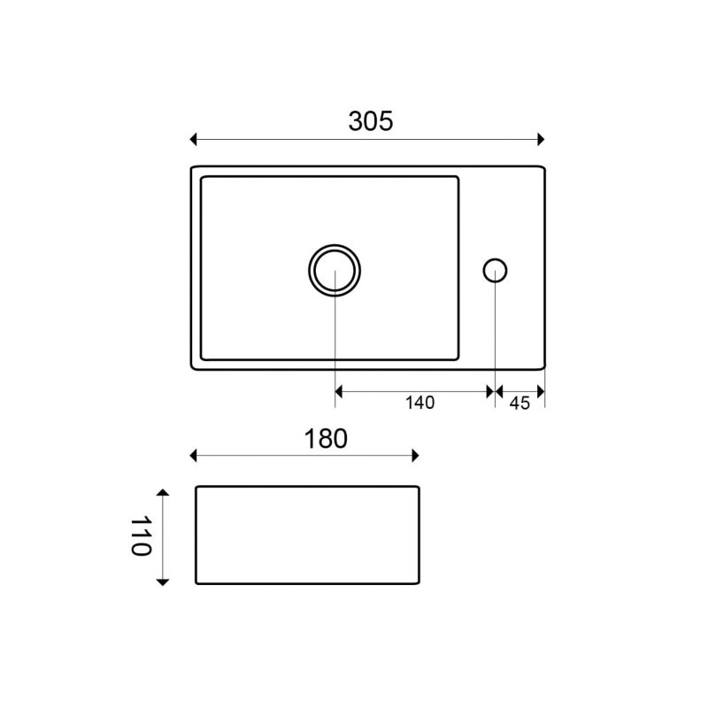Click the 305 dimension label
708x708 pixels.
tap(371, 121)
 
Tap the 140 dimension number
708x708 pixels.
tap(419, 403)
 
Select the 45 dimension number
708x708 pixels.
tap(519, 404)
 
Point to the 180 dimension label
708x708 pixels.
tap(326, 438)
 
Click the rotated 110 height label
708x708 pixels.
tap(141, 536)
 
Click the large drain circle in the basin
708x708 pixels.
tap(335, 245)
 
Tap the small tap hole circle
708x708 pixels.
tap(495, 259)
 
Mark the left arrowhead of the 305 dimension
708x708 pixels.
tap(193, 139)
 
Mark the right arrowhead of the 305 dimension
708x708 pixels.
tap(542, 139)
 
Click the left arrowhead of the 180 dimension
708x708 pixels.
tap(193, 456)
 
